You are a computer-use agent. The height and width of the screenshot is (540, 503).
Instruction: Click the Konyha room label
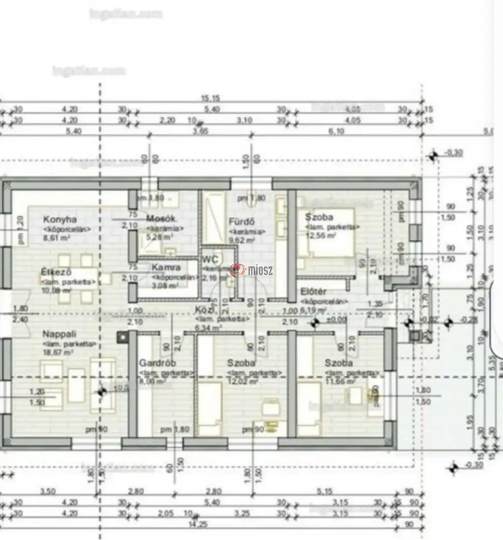point(60,219)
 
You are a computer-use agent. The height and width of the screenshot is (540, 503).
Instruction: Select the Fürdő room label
point(241,221)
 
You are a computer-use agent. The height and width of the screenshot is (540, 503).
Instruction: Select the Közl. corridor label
point(206,310)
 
